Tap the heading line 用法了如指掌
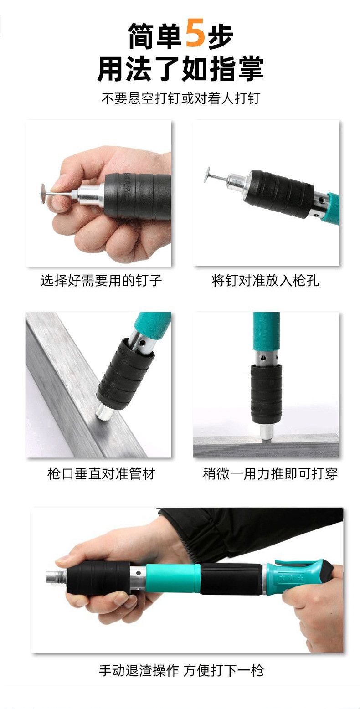[x=180, y=68]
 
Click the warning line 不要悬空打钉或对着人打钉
[x=181, y=98]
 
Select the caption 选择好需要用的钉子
[x=101, y=280]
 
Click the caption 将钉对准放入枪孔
[x=265, y=280]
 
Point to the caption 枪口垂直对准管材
[x=101, y=474]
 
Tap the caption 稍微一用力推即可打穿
[x=270, y=474]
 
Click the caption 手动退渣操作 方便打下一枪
[x=181, y=670]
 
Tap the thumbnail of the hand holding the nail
[x=98, y=193]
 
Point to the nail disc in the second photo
[x=208, y=175]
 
